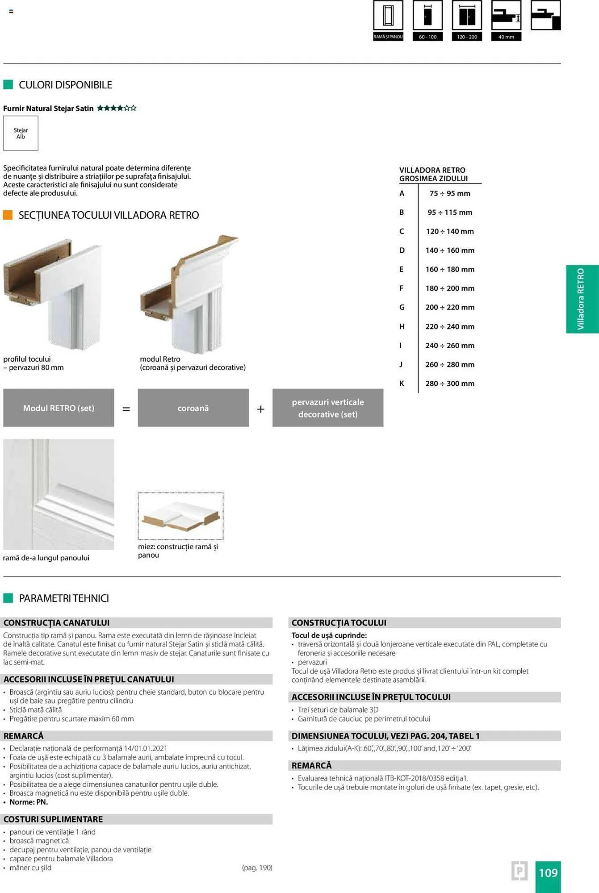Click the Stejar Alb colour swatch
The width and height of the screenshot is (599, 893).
[21, 133]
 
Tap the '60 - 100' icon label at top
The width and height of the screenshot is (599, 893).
[427, 37]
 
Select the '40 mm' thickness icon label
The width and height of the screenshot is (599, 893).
[506, 37]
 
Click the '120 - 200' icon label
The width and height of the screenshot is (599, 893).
[467, 37]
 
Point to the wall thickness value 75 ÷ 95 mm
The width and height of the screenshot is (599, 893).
[449, 194]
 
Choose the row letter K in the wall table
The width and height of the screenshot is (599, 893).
[402, 384]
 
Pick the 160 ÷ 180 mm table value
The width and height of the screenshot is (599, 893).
[449, 270]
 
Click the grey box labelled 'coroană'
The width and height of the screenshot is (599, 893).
[193, 408]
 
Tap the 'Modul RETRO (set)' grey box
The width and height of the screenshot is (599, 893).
[59, 408]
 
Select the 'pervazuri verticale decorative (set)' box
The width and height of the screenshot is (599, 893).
[328, 408]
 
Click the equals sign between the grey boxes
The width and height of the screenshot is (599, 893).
[126, 409]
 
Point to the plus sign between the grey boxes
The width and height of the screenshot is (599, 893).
[260, 409]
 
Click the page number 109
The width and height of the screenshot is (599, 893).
[548, 873]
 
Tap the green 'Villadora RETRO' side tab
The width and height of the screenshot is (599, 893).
[582, 299]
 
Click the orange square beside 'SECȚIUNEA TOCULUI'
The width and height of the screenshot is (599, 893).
[8, 215]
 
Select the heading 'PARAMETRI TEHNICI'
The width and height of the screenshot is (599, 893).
[64, 598]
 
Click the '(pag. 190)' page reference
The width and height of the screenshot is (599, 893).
[257, 868]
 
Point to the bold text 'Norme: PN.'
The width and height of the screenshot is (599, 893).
[29, 802]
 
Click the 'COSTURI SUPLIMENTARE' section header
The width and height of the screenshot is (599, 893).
[53, 819]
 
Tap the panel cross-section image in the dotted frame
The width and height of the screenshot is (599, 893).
[180, 516]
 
